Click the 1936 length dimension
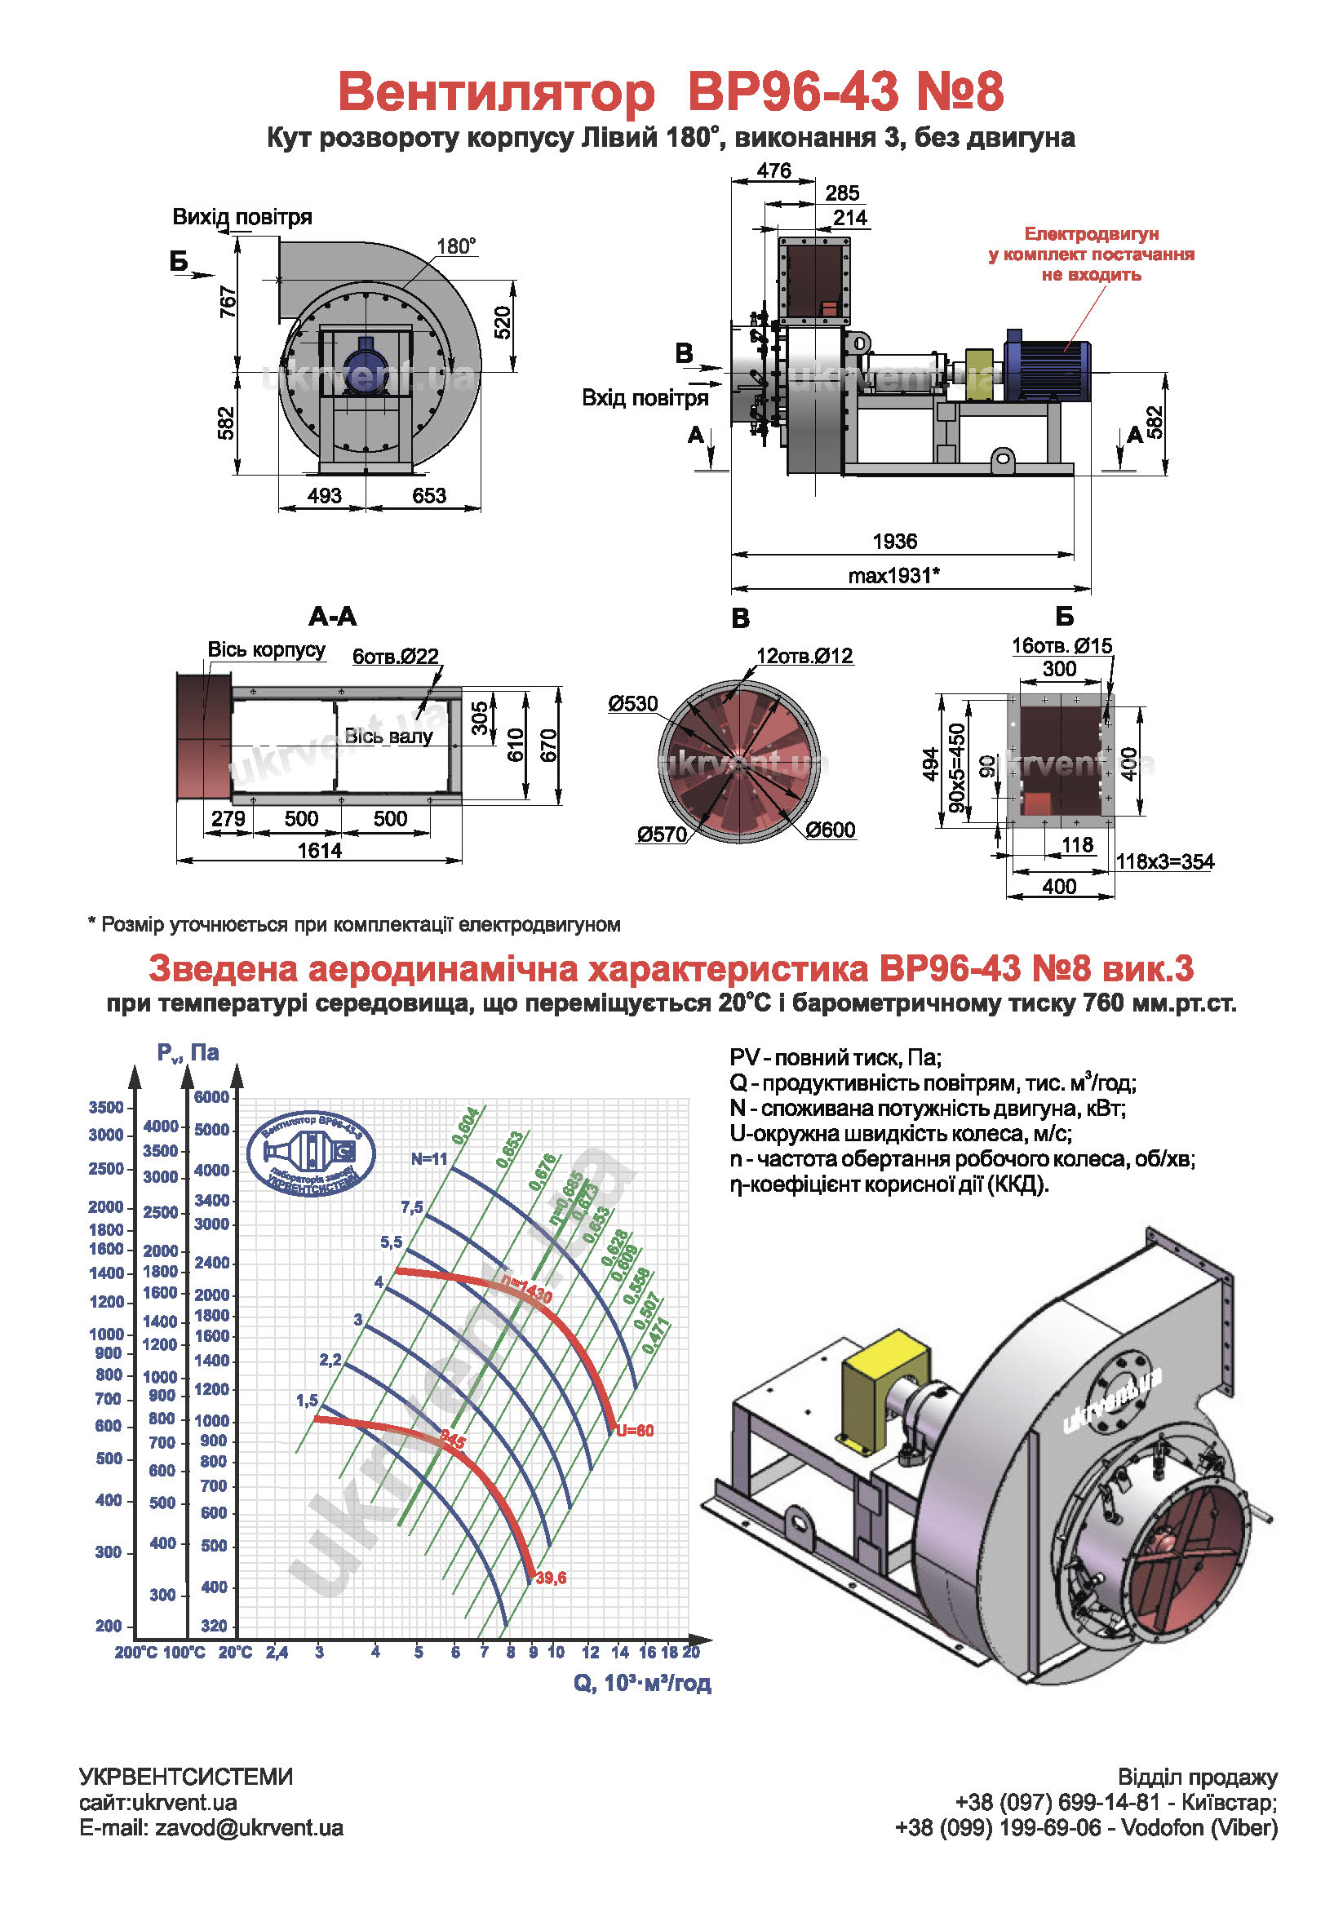pos(894,541)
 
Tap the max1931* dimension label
pos(893,575)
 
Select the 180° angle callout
pos(456,246)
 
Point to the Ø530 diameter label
pos(633,704)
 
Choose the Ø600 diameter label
pos(831,830)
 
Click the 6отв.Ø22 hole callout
pos(396,656)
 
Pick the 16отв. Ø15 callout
pos(1062,645)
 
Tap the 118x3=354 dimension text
pos(1164,861)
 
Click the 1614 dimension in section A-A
pos(320,850)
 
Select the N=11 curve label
pos(429,1158)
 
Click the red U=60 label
pos(635,1430)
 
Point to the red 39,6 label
pos(551,1578)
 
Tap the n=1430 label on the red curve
pos(526,1288)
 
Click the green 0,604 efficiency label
pos(464,1125)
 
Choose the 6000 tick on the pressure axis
pos(211,1096)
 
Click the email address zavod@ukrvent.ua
pos(249,1827)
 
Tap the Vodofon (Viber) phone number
pos(1086,1827)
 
